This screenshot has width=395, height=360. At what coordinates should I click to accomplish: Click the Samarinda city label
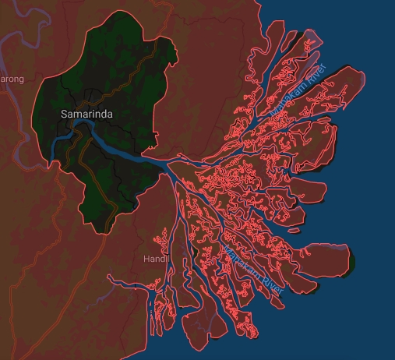86,115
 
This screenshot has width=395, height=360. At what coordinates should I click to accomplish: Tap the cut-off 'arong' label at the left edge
12,79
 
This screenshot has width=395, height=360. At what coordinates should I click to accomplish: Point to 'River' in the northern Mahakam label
315,75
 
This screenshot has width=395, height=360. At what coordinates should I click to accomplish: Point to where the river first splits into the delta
168,165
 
